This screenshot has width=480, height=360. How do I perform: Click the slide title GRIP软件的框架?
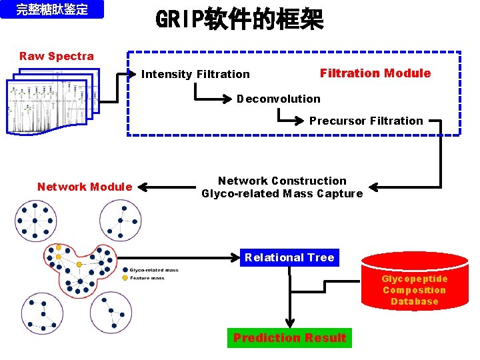coord(239,20)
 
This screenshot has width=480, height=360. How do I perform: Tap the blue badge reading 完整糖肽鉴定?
coord(52,10)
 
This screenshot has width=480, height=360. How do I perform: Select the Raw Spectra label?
coord(57,56)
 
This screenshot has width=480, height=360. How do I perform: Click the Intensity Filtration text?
coord(195,74)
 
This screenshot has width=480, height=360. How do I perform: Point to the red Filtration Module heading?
coord(375,73)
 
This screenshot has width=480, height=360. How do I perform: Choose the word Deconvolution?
coord(278,99)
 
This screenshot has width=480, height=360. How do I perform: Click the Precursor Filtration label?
coord(366,121)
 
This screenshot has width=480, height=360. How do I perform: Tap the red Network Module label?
coord(85,187)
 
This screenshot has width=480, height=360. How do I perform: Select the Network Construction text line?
coord(282,181)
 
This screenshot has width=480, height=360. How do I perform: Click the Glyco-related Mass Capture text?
coord(282,194)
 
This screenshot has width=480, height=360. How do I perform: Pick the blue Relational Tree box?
coord(289,257)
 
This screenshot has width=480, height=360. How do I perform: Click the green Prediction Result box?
coord(289,338)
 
